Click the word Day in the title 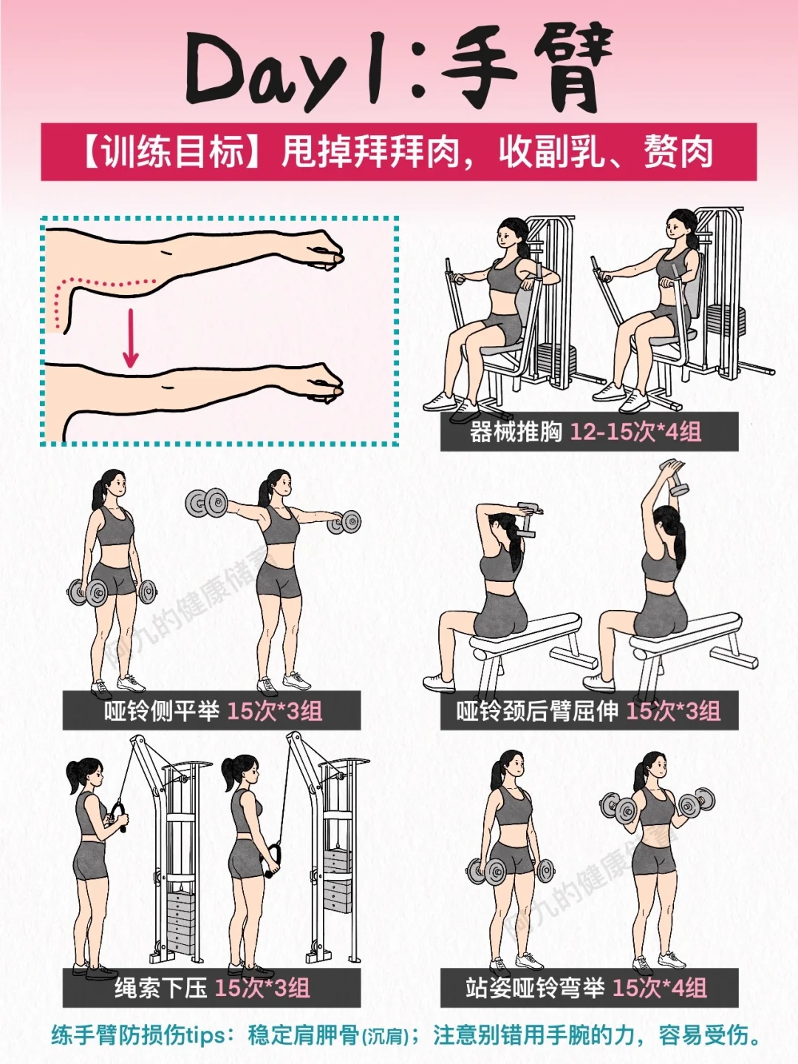click(x=264, y=72)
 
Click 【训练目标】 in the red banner click(x=172, y=152)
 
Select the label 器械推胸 click(x=515, y=431)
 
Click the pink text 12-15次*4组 click(x=635, y=431)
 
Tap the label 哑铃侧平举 click(x=161, y=711)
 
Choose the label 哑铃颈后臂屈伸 click(x=537, y=711)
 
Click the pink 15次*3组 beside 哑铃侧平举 click(x=275, y=711)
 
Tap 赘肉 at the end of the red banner click(x=678, y=152)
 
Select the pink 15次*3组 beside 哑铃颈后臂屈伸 click(x=674, y=711)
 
